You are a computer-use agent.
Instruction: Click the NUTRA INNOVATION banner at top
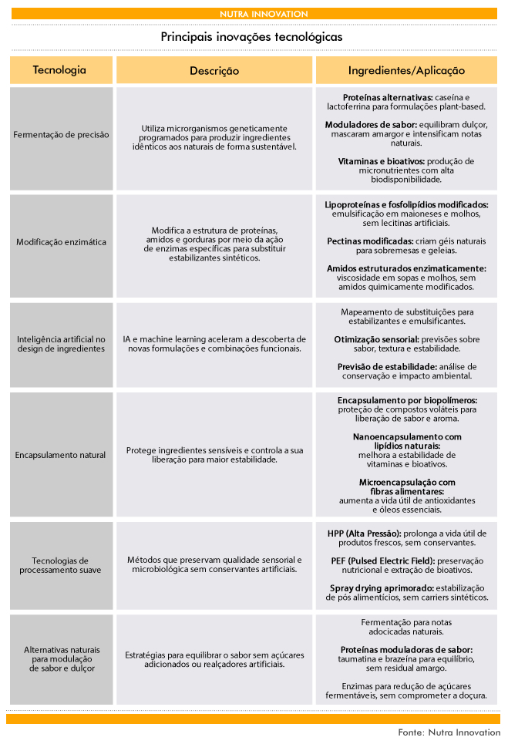click(253, 14)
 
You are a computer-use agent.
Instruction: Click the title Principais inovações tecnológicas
click(252, 37)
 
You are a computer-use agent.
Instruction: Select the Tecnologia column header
click(59, 70)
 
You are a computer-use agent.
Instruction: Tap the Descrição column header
click(214, 70)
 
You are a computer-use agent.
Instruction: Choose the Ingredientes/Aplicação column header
click(406, 70)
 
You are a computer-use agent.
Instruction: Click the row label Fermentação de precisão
click(61, 134)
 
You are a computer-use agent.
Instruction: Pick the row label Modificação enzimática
click(61, 242)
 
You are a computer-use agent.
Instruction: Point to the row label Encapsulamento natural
click(60, 455)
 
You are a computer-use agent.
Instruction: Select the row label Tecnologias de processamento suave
click(61, 565)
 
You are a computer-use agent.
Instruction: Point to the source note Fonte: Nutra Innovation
click(449, 732)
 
